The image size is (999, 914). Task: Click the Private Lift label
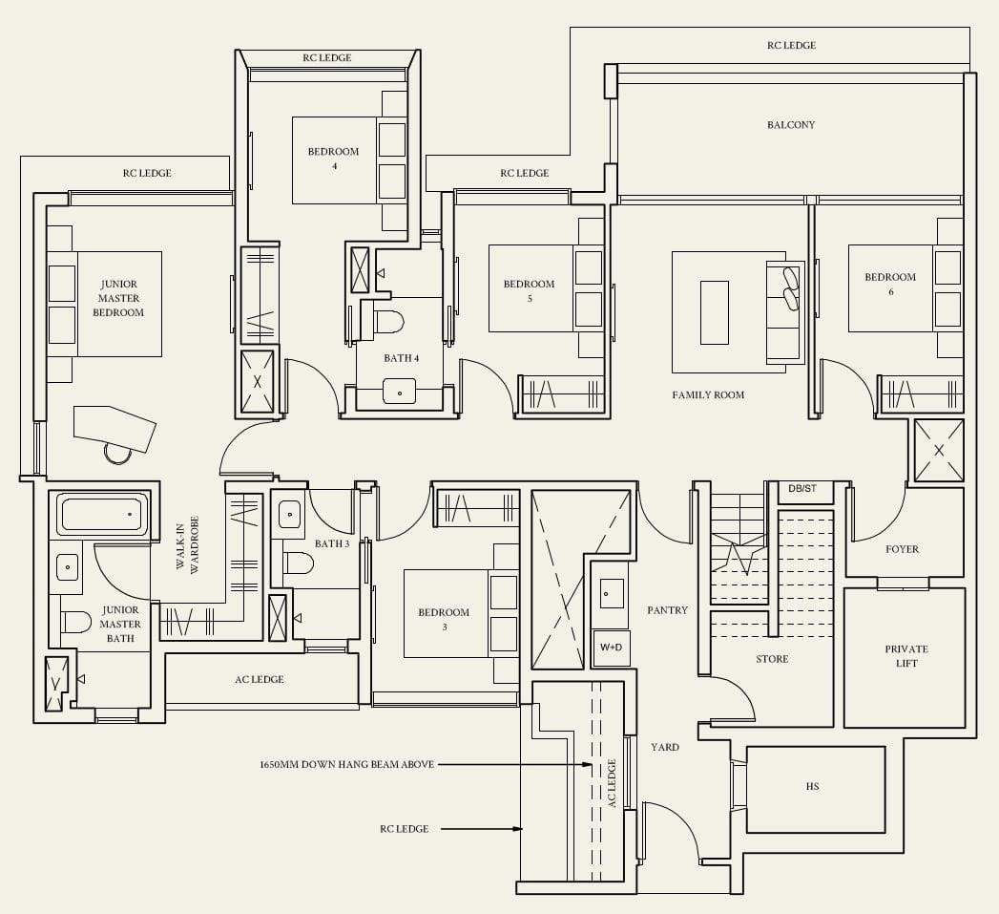(x=905, y=656)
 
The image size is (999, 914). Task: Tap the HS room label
(x=812, y=787)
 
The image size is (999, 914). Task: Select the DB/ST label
(x=802, y=489)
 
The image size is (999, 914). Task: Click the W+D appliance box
(x=611, y=647)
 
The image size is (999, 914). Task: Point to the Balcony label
(x=791, y=125)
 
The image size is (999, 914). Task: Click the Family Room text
(x=708, y=395)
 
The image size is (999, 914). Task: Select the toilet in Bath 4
(x=389, y=321)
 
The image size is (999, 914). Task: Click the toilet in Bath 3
(x=299, y=563)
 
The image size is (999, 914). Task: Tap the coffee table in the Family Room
(x=714, y=312)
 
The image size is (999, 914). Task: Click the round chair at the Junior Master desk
(x=118, y=452)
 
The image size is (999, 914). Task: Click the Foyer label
(x=902, y=549)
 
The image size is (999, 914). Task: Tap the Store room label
(x=772, y=659)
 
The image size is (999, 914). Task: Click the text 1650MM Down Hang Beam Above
(x=346, y=765)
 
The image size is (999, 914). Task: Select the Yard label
(x=665, y=747)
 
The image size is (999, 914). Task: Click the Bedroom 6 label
(x=890, y=284)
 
